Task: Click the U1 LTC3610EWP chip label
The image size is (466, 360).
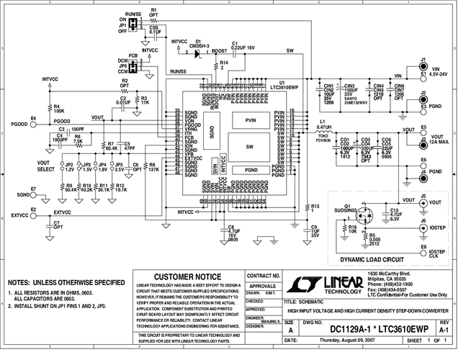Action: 282,85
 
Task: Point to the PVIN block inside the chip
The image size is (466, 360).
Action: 251,120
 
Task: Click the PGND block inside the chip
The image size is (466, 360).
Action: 251,169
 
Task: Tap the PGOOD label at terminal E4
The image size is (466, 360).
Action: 19,124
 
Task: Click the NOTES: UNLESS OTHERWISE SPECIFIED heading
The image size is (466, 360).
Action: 66,283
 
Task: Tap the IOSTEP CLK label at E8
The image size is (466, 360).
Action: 438,254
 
